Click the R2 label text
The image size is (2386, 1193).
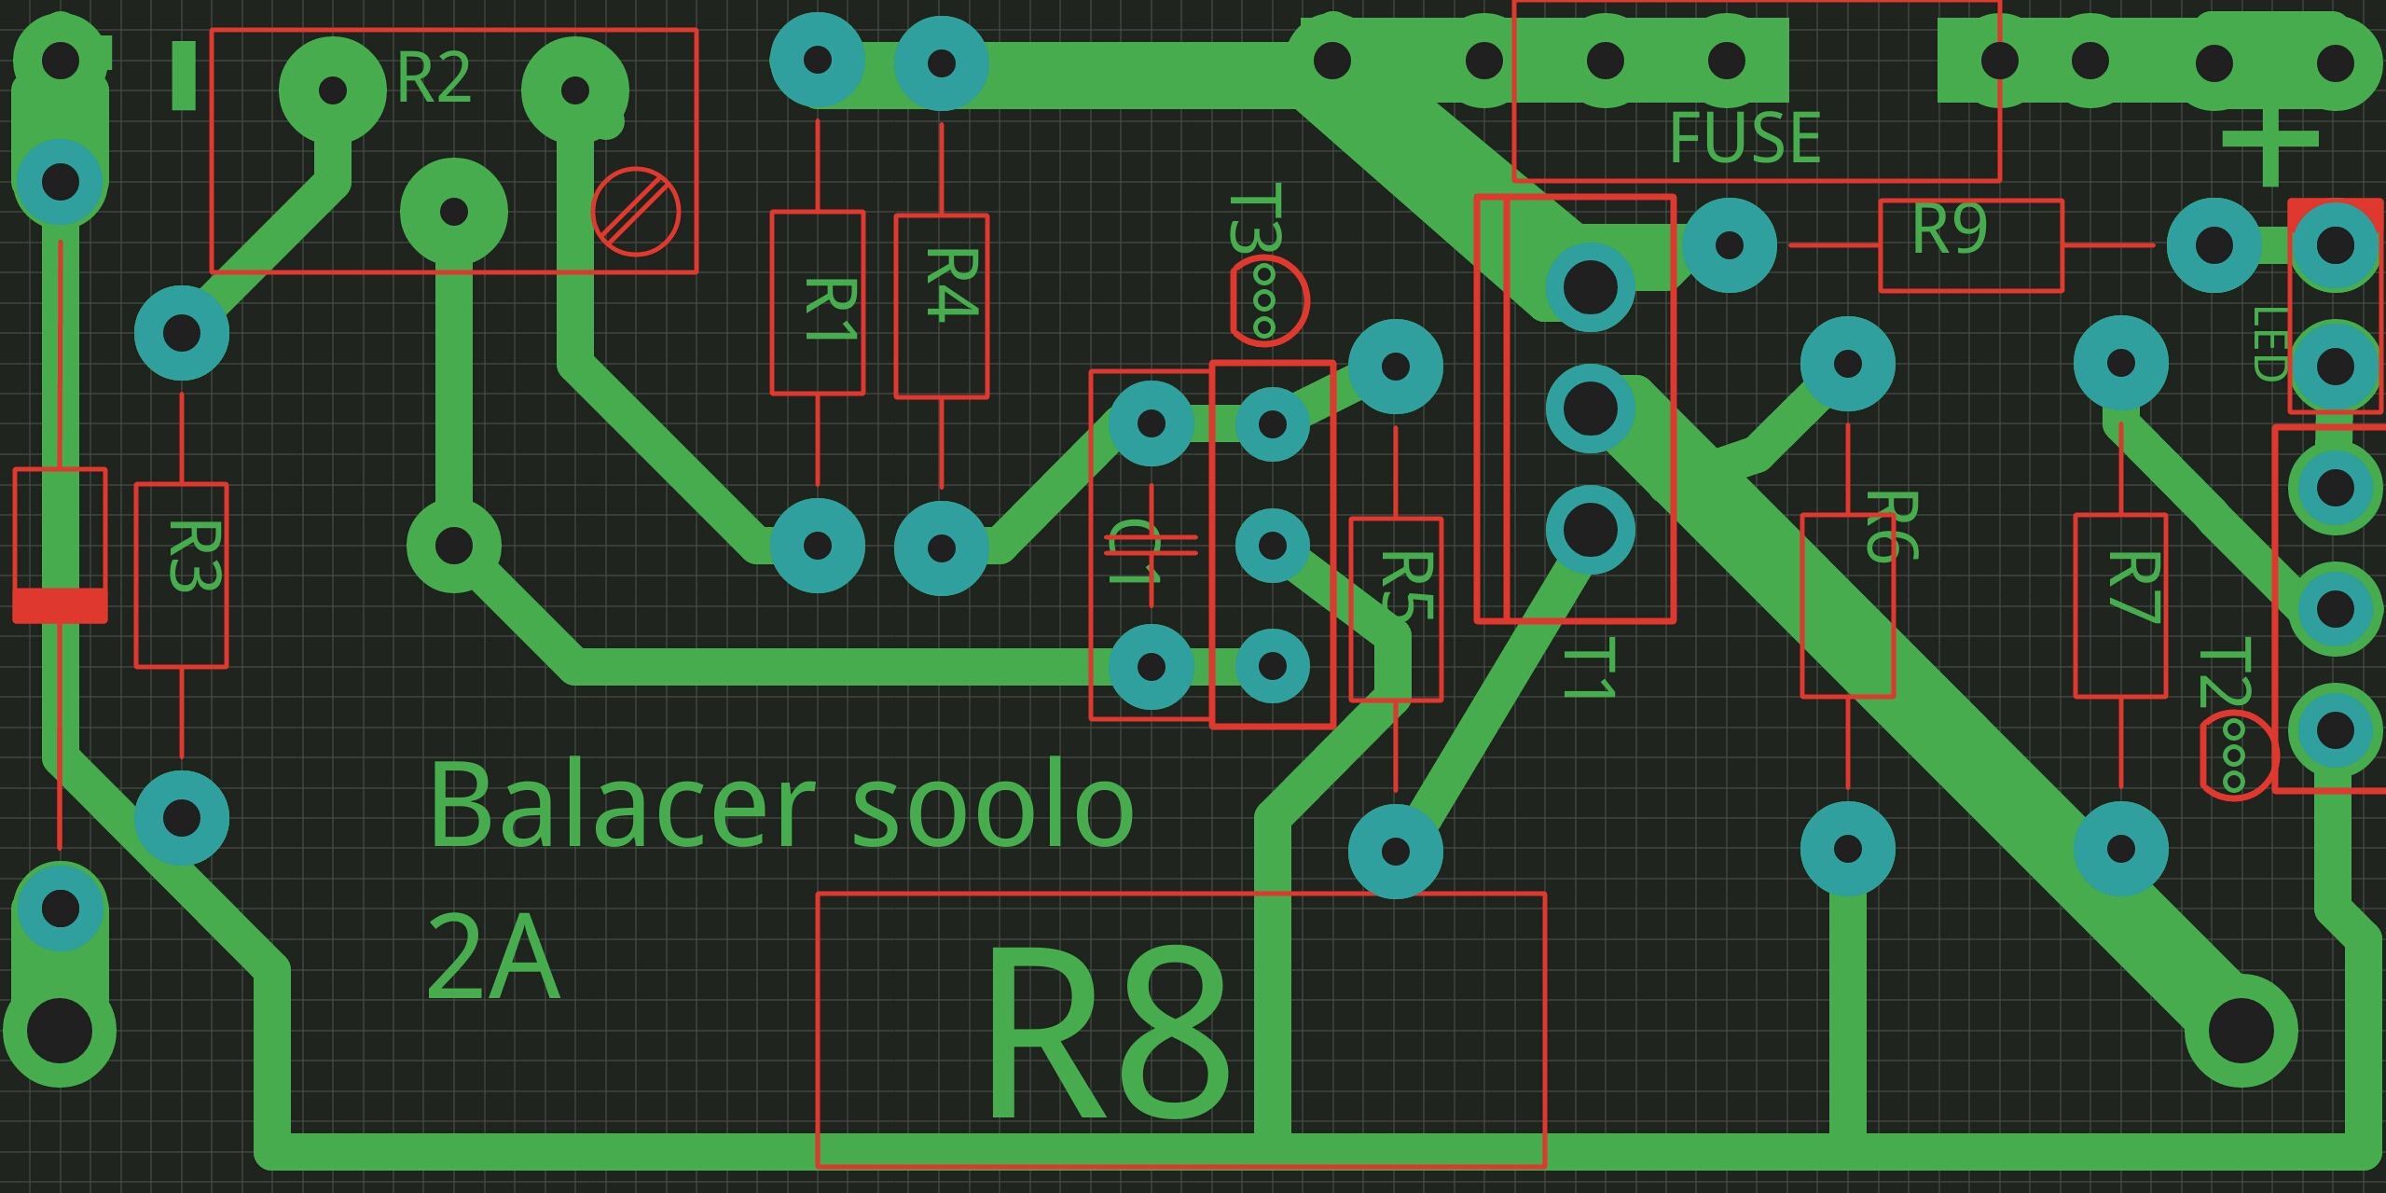click(x=434, y=78)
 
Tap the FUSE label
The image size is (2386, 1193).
click(x=1745, y=138)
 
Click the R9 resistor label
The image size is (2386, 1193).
click(x=1950, y=229)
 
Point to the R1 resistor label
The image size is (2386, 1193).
click(x=830, y=309)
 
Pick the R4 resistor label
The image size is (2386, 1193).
click(x=952, y=284)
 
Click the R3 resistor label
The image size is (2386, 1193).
click(x=194, y=556)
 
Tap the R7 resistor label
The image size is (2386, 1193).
click(x=2133, y=587)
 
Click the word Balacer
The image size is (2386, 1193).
click(x=621, y=805)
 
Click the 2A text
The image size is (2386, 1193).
click(x=492, y=957)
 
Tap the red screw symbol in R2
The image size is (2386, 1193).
click(x=636, y=212)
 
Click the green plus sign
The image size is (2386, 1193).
click(x=2269, y=142)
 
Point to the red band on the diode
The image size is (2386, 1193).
click(x=60, y=605)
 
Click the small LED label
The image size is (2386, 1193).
click(x=2269, y=344)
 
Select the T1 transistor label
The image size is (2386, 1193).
click(x=1589, y=668)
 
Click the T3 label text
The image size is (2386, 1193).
click(x=1254, y=218)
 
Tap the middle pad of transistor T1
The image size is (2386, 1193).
click(x=1590, y=408)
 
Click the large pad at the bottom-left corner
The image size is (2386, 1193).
click(x=60, y=1031)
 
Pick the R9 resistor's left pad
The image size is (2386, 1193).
click(x=1729, y=245)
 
